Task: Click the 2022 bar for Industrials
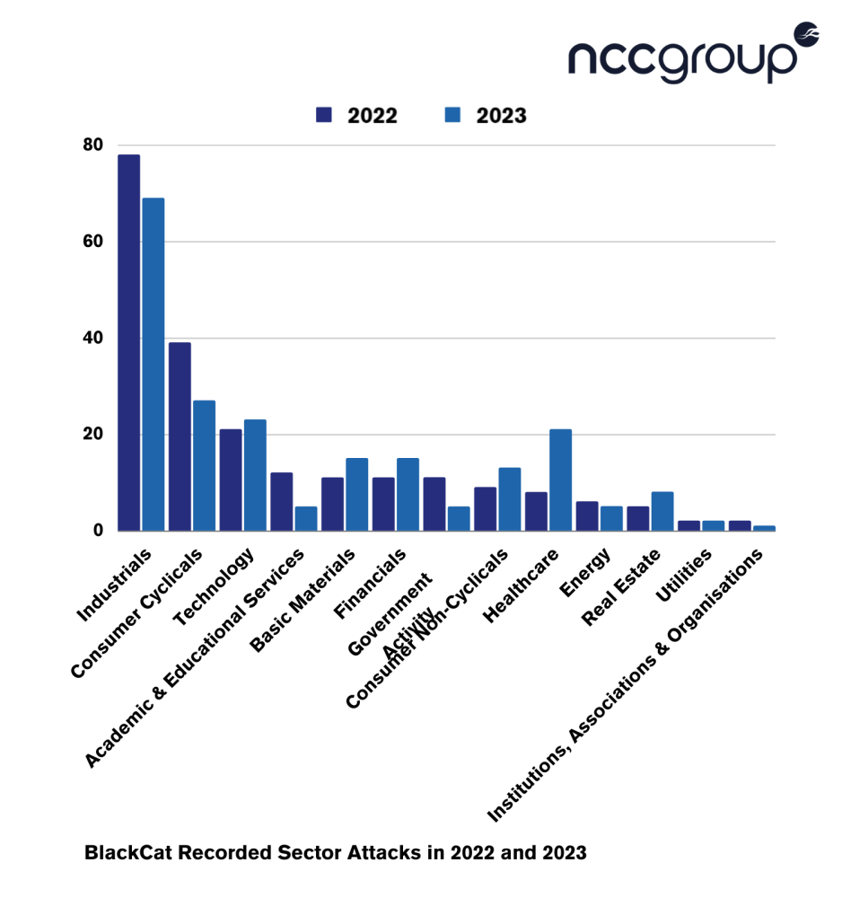tap(128, 342)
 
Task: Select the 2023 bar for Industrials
tap(153, 364)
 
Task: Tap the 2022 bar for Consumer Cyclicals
tap(180, 436)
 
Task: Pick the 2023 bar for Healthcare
tap(561, 480)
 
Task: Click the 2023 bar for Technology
tap(255, 475)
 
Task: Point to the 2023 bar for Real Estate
tap(662, 511)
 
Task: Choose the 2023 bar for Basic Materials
tap(357, 494)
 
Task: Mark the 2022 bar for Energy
tap(586, 515)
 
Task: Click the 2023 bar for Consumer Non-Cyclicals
tap(510, 498)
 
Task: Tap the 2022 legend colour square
tap(324, 115)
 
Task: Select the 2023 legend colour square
tap(453, 115)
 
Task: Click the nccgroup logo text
tap(682, 57)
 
